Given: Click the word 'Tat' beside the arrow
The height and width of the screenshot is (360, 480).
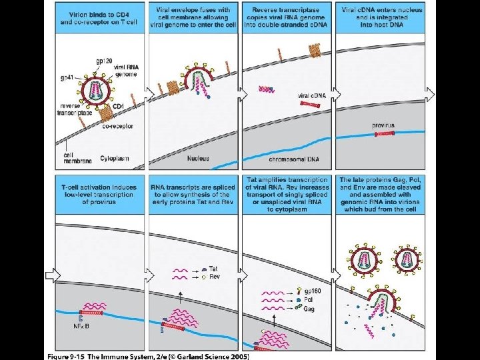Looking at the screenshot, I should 213,269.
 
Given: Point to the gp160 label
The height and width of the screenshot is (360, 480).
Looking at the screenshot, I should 311,291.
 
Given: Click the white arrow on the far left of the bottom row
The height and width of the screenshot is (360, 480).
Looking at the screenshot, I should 49,273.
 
